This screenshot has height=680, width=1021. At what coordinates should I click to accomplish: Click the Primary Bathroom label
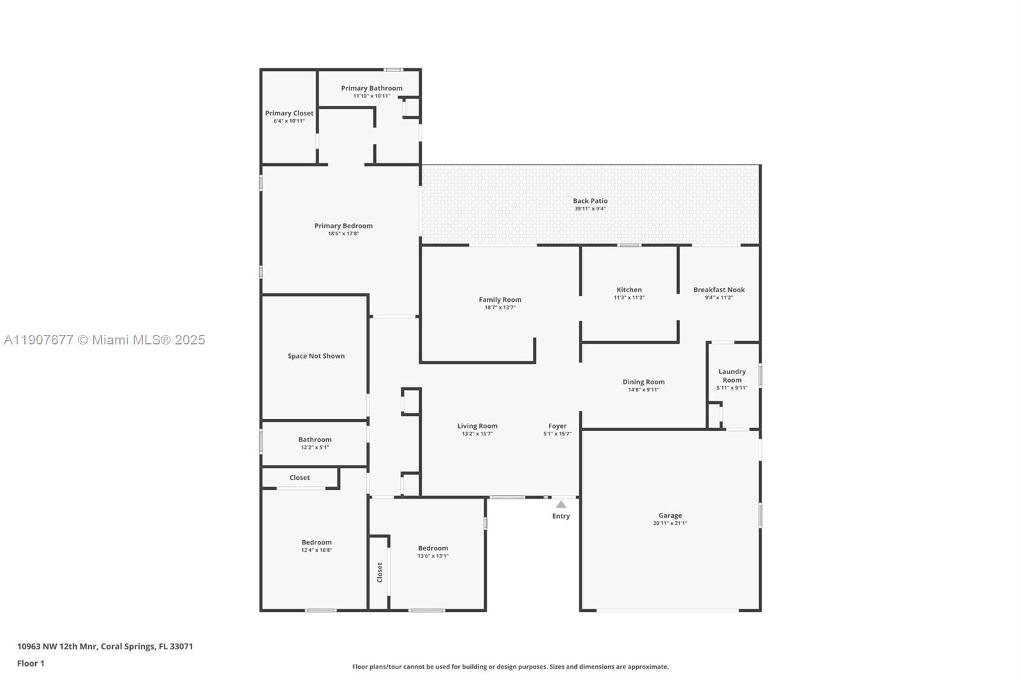(371, 88)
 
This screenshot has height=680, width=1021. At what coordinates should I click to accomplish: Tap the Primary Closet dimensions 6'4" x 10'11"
(289, 121)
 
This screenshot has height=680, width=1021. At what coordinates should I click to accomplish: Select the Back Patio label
(590, 201)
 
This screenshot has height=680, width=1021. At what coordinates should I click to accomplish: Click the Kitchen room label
(629, 290)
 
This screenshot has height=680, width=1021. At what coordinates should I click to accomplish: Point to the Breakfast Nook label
(719, 290)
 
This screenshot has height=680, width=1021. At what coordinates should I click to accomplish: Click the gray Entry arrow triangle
(561, 505)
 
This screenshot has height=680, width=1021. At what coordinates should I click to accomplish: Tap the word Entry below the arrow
(561, 516)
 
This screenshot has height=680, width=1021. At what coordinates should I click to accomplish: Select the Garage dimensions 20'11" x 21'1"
(670, 524)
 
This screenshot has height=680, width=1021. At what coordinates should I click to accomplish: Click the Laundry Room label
(732, 376)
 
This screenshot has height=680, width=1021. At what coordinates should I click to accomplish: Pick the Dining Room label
(643, 382)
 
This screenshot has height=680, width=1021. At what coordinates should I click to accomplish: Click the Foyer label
(557, 426)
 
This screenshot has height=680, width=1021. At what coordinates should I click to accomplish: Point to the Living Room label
(477, 426)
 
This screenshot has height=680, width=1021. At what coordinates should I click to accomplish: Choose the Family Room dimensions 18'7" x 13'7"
(500, 307)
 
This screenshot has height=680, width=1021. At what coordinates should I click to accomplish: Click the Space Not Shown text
(316, 356)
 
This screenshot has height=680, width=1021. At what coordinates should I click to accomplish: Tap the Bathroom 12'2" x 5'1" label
(315, 440)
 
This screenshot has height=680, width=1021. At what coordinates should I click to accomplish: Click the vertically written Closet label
(380, 572)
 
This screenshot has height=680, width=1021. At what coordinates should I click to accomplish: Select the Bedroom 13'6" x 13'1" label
(433, 548)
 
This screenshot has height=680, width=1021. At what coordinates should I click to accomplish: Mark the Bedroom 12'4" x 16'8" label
(317, 542)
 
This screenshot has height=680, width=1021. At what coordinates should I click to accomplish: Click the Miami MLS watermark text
(105, 340)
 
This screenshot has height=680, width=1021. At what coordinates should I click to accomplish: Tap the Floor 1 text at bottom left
(31, 663)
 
